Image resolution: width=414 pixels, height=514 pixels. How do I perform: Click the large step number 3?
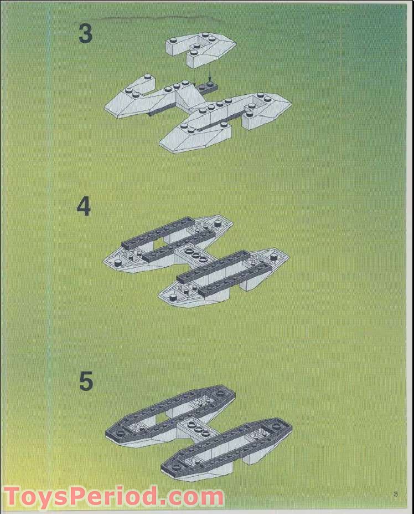pos(85,33)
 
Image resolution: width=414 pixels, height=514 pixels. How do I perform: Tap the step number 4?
pos(84,207)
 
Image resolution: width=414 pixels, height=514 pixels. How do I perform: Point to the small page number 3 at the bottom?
pos(396,493)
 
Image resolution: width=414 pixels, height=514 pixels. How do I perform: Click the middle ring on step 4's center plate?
pos(196,256)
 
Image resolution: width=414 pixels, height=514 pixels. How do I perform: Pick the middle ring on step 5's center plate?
pos(198,430)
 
